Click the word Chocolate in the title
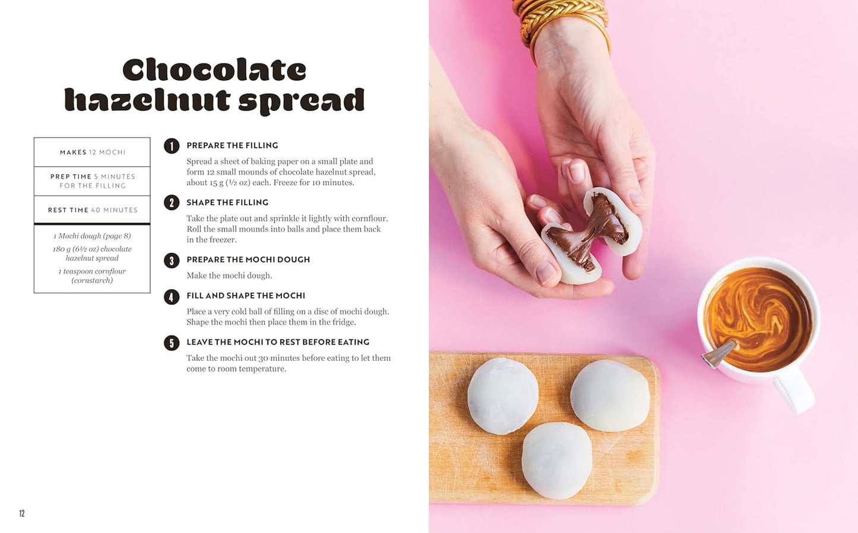point(214,70)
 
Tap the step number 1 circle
point(172,146)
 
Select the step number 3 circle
point(172,261)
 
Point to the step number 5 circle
point(172,343)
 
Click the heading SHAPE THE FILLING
point(227,202)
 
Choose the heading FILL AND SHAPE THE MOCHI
point(245,296)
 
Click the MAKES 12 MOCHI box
point(92,153)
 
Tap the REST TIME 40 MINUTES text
point(92,210)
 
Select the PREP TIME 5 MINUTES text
point(92,181)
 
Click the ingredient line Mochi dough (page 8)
point(92,236)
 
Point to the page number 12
point(22,513)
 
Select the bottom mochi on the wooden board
point(556,460)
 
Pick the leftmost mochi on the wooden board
point(502,395)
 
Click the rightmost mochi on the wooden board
point(610,395)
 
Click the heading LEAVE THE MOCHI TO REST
point(277,342)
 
